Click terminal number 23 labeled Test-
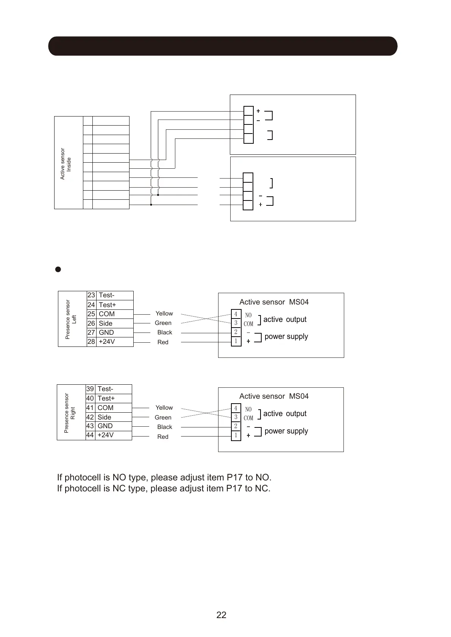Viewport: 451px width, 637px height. [x=91, y=295]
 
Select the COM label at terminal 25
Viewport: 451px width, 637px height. [x=106, y=314]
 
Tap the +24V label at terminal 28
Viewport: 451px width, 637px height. [x=106, y=342]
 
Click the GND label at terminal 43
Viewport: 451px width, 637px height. [x=105, y=426]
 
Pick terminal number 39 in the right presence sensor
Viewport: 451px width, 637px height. [x=90, y=389]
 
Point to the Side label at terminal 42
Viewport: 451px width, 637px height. [x=104, y=417]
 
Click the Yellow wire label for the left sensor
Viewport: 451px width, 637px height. [x=164, y=314]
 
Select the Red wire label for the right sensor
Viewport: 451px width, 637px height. [x=163, y=437]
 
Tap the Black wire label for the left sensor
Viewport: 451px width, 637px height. [x=165, y=332]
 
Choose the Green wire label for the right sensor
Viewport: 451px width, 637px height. [x=163, y=418]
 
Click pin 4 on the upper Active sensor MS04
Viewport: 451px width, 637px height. [x=236, y=314]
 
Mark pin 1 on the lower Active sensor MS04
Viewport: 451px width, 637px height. [x=236, y=435]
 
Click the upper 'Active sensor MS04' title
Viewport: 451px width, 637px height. [x=274, y=302]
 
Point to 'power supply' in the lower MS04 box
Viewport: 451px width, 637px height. [x=286, y=431]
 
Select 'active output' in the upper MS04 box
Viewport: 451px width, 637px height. [x=285, y=320]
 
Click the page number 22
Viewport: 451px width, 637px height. [x=221, y=615]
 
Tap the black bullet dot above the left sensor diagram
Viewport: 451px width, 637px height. [x=58, y=270]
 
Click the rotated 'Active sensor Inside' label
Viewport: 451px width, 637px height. [x=66, y=164]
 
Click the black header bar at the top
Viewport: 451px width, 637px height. [x=223, y=46]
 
